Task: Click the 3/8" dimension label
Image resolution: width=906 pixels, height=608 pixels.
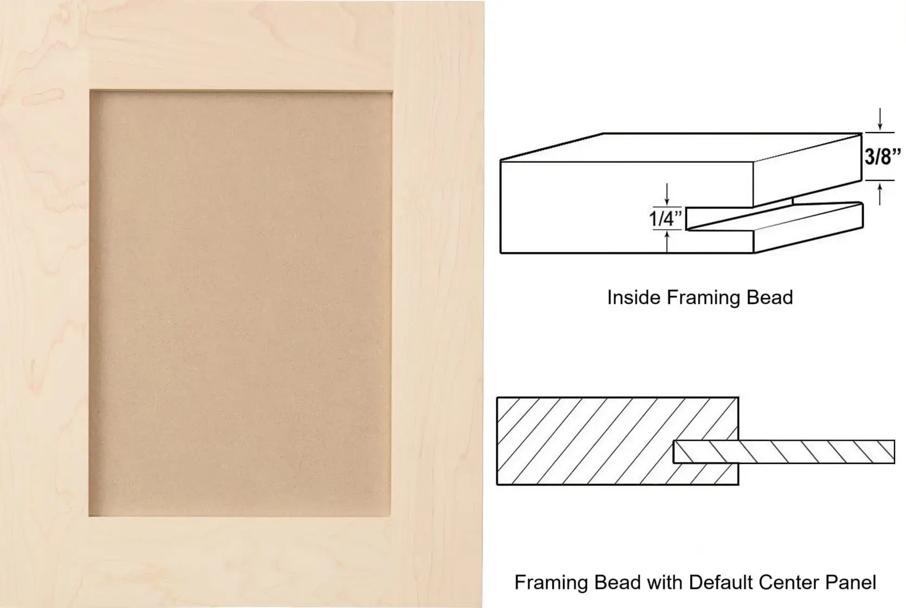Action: coord(883,156)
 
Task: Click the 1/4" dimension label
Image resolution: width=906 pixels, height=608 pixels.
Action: coord(665,219)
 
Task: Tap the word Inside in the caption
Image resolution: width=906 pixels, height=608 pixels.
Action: coord(634,297)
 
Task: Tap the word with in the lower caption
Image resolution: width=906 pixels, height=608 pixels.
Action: coord(665,582)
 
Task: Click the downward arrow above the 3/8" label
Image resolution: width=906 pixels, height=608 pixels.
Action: coord(880,119)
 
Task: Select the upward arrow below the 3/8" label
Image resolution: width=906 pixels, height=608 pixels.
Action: coord(880,194)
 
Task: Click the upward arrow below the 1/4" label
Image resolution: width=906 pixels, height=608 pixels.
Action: coord(667,241)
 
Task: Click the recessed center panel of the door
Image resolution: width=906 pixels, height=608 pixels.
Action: coord(240,303)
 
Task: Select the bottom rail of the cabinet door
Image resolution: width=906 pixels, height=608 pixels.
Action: coord(240,562)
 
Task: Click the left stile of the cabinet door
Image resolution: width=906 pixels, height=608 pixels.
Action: coord(44,303)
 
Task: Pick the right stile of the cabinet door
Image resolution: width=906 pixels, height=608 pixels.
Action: coord(438,303)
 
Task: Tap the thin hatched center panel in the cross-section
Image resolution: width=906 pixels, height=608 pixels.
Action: coord(783,452)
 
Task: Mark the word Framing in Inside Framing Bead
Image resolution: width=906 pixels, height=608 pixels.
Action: coord(703,297)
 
